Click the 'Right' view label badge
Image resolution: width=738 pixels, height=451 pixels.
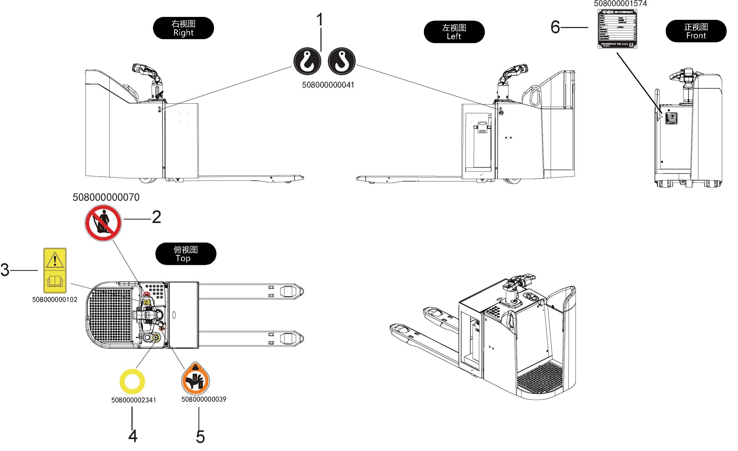[183, 28]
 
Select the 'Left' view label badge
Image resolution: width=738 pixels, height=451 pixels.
[454, 32]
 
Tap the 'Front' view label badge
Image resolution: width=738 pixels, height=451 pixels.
[696, 31]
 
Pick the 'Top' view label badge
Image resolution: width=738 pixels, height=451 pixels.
[186, 254]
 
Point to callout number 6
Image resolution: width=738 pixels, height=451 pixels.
[555, 27]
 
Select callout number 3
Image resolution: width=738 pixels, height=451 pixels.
[5, 270]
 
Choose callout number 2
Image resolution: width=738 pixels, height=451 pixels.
[156, 217]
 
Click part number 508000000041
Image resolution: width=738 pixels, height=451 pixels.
[328, 85]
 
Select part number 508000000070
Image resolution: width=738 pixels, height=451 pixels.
[106, 197]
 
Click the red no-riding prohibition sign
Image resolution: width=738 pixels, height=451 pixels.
[103, 223]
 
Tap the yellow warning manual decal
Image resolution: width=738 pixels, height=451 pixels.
[55, 270]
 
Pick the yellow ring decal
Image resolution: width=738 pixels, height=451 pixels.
[132, 381]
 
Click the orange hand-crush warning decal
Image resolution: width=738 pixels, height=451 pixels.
[196, 378]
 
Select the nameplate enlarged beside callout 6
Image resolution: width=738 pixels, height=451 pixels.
[617, 29]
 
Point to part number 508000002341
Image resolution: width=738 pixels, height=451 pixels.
[134, 400]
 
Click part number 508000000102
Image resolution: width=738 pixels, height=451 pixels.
[55, 300]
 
